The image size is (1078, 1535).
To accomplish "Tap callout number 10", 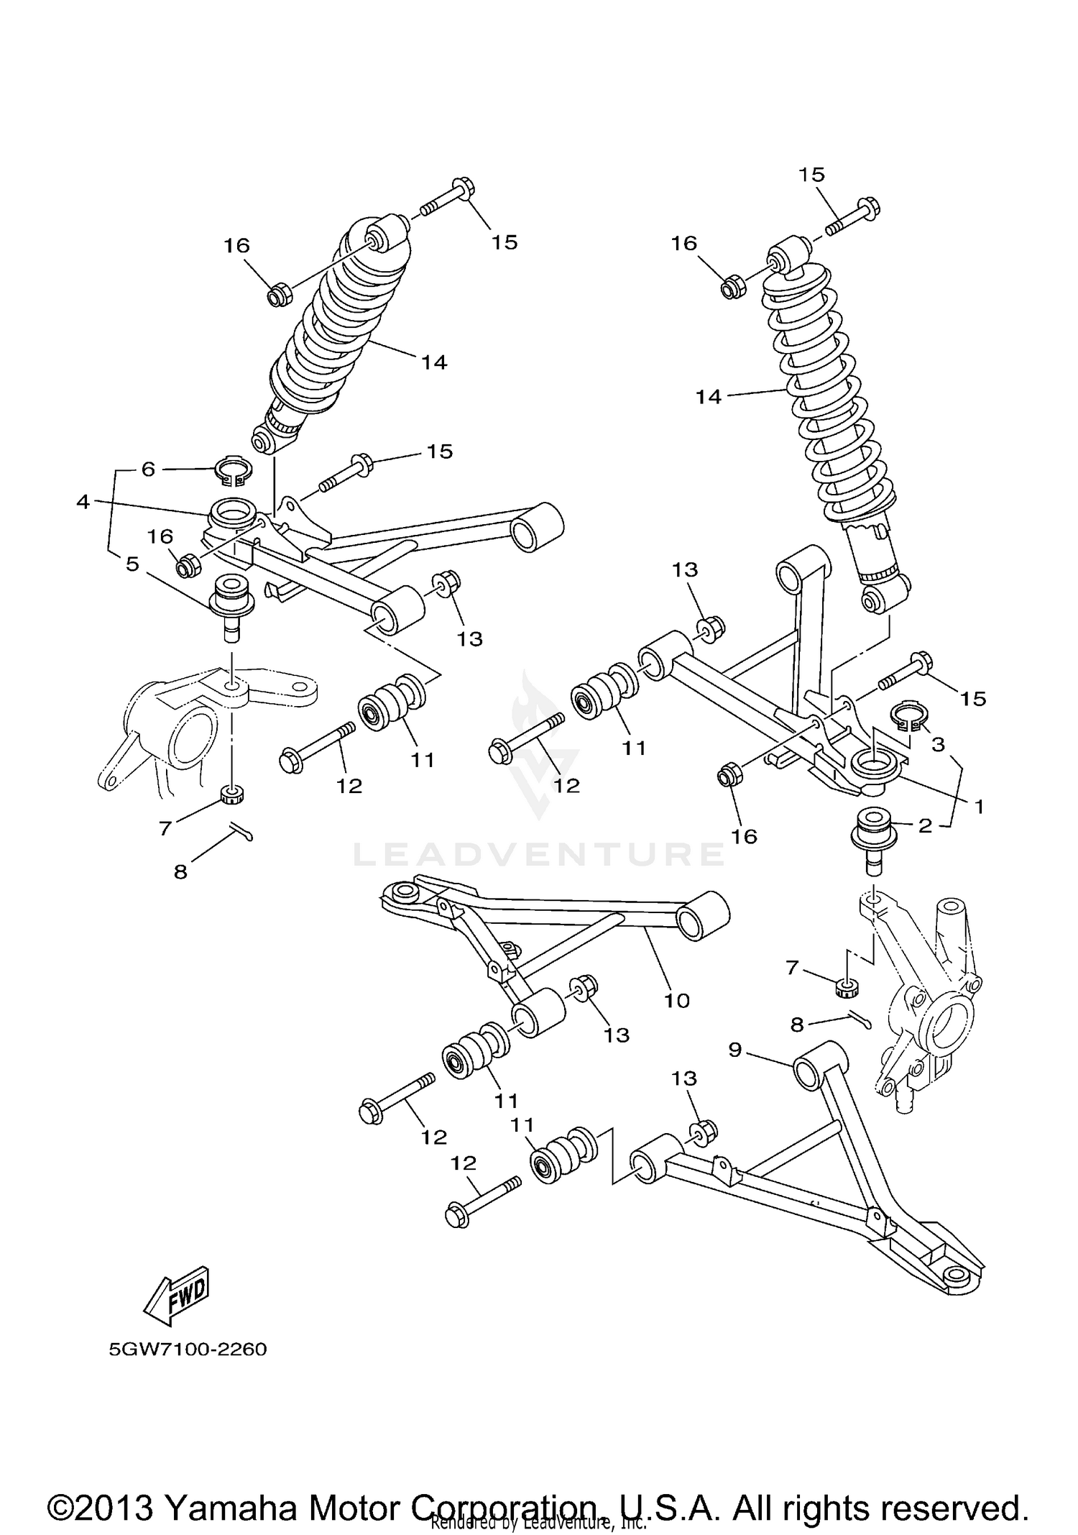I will tap(677, 1000).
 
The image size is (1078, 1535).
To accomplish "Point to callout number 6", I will tap(148, 469).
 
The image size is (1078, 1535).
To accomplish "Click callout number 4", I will tap(83, 502).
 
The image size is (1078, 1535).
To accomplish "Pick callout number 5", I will tap(132, 564).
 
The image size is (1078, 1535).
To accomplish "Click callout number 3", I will tap(938, 745).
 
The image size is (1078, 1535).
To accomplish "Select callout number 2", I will tap(925, 826).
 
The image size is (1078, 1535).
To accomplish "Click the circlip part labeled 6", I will tap(234, 470).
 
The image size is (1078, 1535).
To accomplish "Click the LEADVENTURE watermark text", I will tap(539, 853).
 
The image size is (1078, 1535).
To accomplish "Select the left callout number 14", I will tap(434, 362).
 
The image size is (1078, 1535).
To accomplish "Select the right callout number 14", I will tap(708, 397).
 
